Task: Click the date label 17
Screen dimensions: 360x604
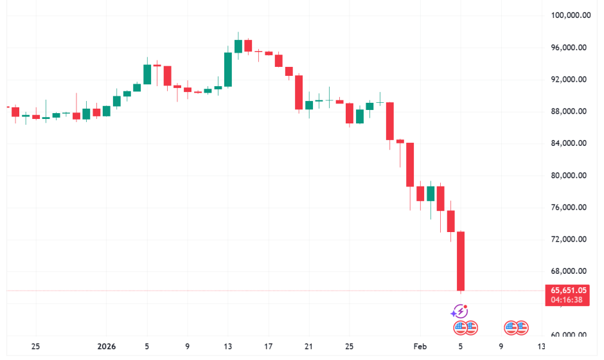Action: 269,346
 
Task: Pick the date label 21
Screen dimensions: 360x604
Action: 309,346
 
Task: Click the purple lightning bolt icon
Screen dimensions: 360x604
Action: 460,312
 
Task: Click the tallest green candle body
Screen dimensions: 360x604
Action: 228,69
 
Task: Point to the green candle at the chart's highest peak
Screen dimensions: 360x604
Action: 238,46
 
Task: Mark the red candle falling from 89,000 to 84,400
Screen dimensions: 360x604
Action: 389,121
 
